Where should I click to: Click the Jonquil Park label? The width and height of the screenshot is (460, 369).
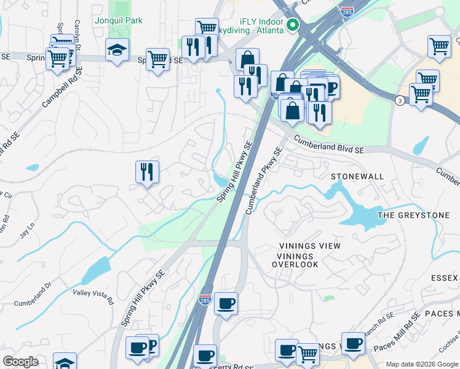[x=119, y=20]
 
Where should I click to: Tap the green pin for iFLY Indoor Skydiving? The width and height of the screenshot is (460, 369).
[x=293, y=25]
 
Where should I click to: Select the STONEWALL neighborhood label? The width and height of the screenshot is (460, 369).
[x=357, y=177]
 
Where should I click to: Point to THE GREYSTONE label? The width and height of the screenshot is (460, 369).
[x=413, y=215]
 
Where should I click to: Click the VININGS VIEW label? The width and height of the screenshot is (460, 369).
[x=309, y=246]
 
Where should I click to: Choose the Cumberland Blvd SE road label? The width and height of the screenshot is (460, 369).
[x=328, y=145]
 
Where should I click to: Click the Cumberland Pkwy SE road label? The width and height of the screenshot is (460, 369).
[x=264, y=180]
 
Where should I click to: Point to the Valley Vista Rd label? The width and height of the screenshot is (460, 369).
[x=93, y=296]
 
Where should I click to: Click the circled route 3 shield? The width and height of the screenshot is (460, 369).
[x=400, y=101]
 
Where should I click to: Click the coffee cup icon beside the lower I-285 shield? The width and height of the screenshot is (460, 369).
[x=226, y=303]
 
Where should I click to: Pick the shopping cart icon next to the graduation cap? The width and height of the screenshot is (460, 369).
[x=157, y=59]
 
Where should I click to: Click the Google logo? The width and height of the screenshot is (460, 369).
[x=20, y=362]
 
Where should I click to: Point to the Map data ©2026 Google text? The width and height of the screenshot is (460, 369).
[x=421, y=364]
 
